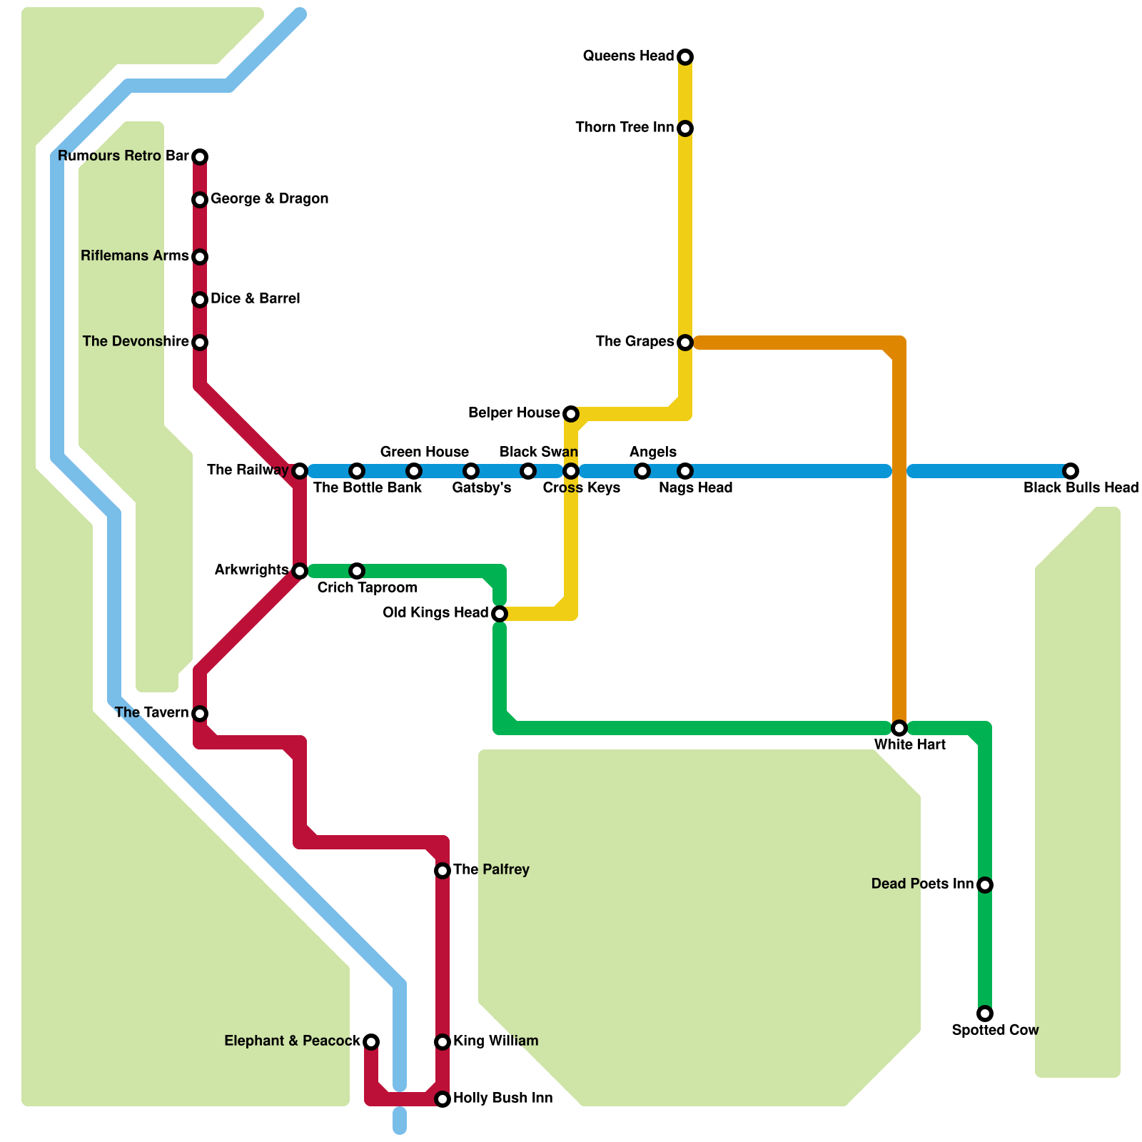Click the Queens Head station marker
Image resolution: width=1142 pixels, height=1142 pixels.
[685, 57]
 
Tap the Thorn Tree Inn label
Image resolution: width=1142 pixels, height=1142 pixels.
[625, 128]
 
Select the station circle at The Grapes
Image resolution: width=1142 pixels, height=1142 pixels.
[685, 343]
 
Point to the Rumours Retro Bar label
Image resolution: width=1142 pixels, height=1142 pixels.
[123, 156]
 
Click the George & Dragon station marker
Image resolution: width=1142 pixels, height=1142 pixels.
[200, 200]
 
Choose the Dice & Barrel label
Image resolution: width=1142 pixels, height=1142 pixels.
[256, 299]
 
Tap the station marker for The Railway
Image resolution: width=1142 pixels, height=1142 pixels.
[300, 471]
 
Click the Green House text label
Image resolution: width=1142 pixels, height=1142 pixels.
[424, 453]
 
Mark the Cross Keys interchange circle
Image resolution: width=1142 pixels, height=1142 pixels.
[571, 471]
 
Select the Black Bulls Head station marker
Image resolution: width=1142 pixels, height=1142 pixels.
[1071, 471]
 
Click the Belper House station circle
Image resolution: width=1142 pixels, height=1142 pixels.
[571, 414]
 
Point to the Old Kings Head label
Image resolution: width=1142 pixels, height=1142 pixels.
[435, 613]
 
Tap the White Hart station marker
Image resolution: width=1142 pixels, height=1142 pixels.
[899, 728]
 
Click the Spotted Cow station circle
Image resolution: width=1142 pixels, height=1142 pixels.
[985, 1014]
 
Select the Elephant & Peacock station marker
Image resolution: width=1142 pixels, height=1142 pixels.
[371, 1042]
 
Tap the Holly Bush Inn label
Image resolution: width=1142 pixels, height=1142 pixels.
[503, 1098]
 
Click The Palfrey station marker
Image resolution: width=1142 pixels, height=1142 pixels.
[443, 871]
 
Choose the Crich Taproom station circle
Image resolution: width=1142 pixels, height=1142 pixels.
[357, 571]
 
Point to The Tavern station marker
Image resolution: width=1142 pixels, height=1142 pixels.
[200, 714]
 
